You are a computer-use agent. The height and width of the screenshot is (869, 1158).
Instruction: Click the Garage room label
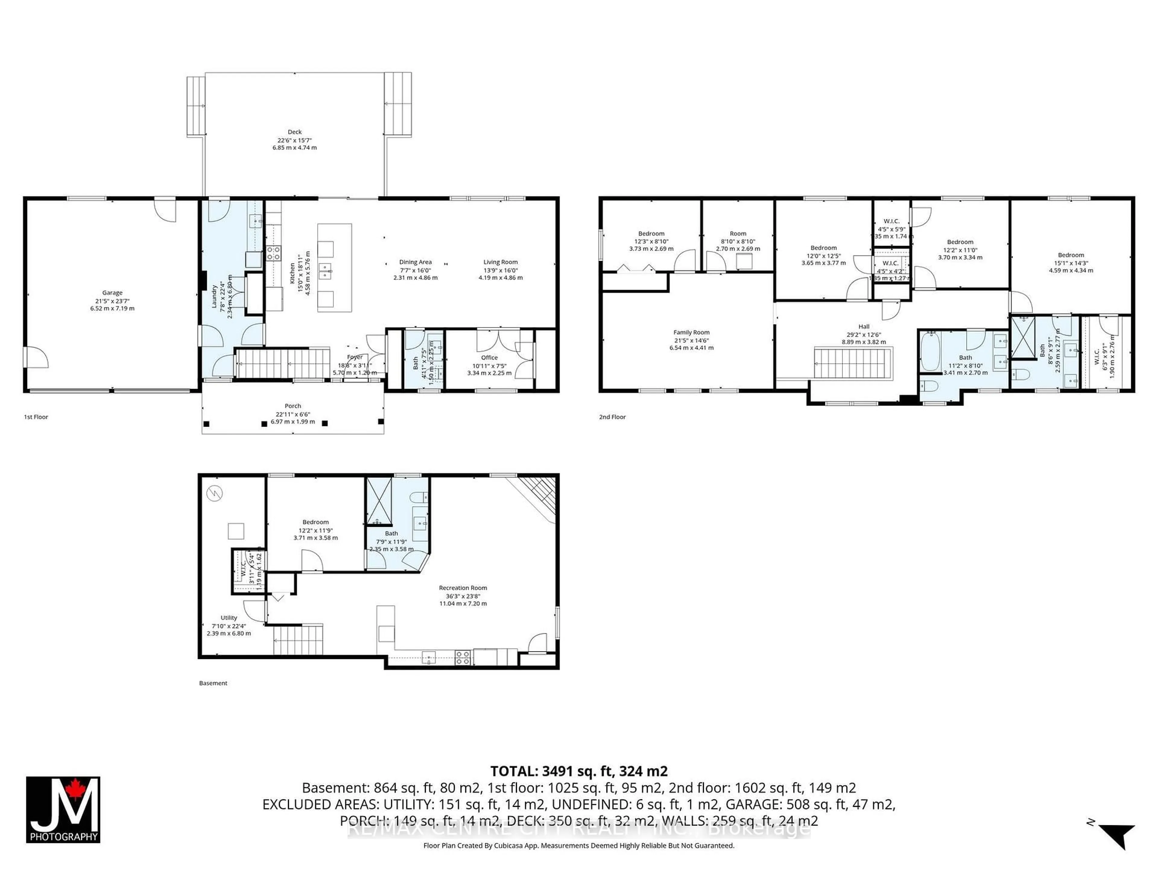(112, 293)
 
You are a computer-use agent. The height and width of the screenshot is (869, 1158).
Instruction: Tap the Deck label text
(294, 132)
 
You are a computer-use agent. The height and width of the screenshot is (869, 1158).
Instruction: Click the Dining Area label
(415, 262)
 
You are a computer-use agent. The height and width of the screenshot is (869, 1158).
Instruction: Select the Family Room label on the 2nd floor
(691, 332)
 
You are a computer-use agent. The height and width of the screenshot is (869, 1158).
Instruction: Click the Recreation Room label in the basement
(463, 588)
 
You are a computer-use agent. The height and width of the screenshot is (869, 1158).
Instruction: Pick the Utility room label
(229, 618)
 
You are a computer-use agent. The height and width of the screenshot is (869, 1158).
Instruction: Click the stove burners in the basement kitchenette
(462, 657)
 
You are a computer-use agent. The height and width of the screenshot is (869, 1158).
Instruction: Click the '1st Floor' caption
(36, 417)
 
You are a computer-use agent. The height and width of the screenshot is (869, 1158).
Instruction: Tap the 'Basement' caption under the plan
(213, 683)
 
